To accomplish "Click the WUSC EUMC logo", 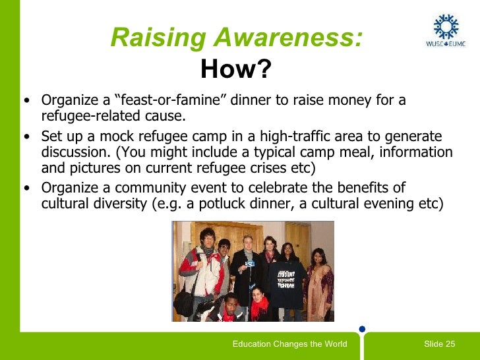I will [x=446, y=30].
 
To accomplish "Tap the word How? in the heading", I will [x=236, y=68].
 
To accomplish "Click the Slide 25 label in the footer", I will [x=439, y=344].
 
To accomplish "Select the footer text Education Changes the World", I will [x=290, y=344].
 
